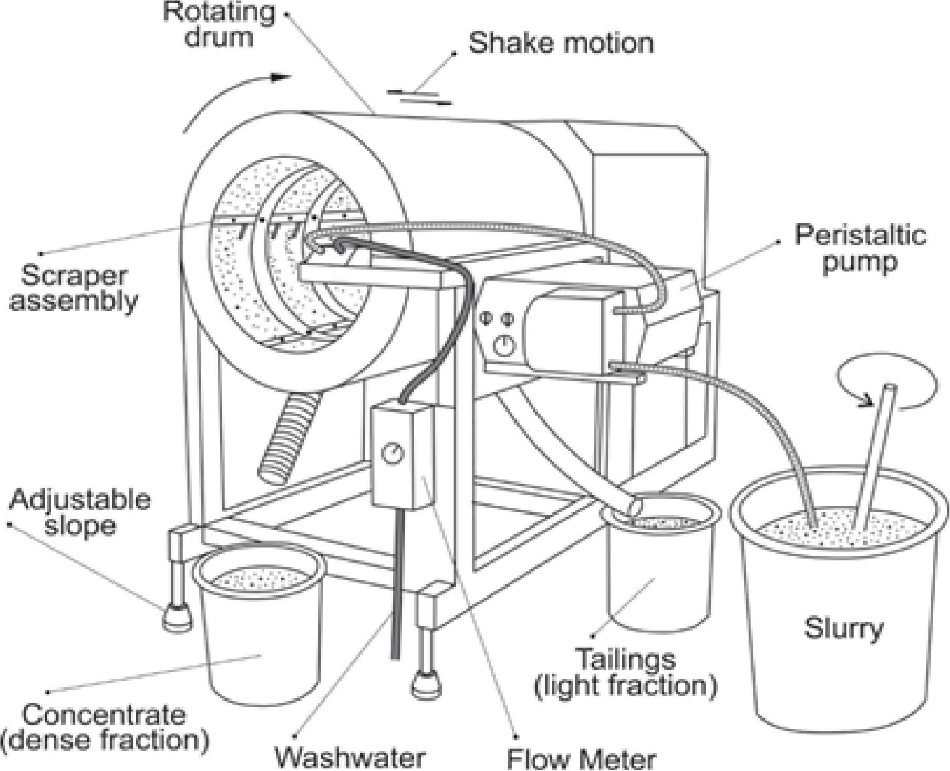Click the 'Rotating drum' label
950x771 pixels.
tap(219, 25)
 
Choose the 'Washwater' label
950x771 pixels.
tap(350, 757)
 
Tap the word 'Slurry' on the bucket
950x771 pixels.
tap(843, 628)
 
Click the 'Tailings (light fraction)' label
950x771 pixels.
tap(626, 673)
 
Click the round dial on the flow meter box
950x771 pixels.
tap(392, 454)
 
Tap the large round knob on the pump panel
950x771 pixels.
tap(505, 346)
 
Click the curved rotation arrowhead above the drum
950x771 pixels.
tap(281, 78)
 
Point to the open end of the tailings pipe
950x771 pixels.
tap(635, 508)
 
